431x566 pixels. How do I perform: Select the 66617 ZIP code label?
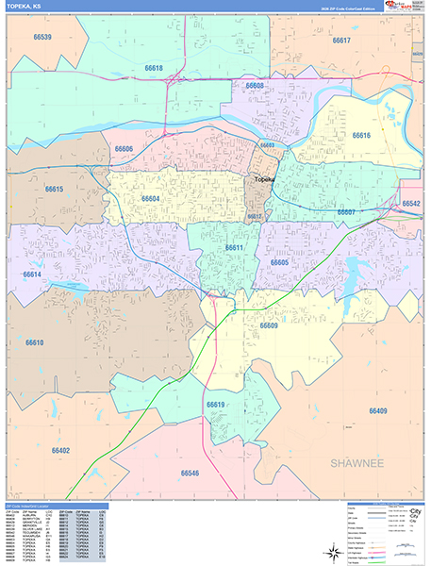click(341, 41)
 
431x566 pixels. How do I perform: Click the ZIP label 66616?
click(361, 136)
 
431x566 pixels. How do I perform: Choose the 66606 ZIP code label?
click(124, 149)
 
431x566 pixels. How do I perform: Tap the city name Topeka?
click(263, 179)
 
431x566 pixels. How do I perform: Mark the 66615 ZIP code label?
click(54, 190)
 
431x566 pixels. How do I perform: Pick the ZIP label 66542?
click(410, 204)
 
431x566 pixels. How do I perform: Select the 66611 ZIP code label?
click(234, 248)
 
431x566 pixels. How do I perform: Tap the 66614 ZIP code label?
click(32, 275)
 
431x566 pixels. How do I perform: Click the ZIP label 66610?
click(35, 342)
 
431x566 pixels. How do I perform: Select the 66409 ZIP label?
click(378, 411)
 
